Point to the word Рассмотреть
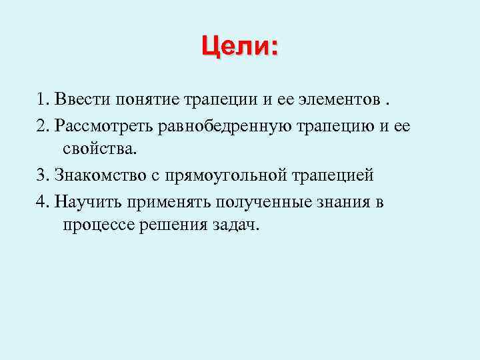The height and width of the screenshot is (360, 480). pyautogui.click(x=106, y=125)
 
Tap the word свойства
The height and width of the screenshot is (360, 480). pyautogui.click(x=99, y=149)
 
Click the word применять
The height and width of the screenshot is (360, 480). pyautogui.click(x=159, y=201)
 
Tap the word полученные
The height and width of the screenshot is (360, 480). pyautogui.click(x=251, y=201)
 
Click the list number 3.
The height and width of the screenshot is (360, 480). pyautogui.click(x=42, y=175)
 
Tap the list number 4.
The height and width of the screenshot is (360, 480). pyautogui.click(x=42, y=201)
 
